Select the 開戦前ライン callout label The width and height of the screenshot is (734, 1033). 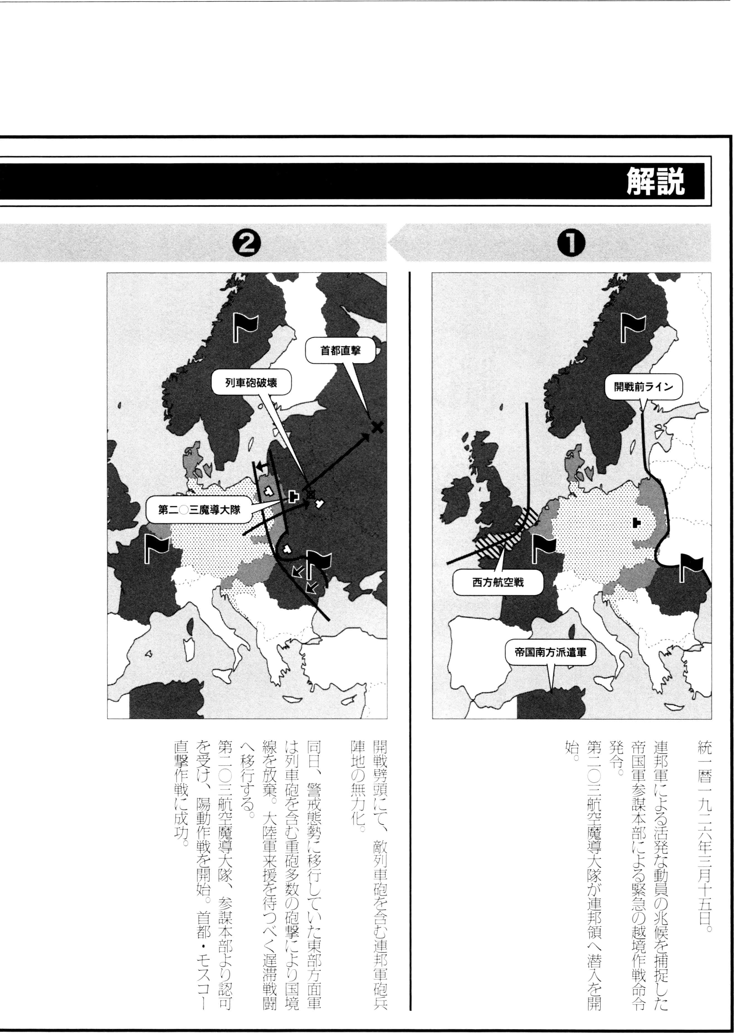pyautogui.click(x=643, y=387)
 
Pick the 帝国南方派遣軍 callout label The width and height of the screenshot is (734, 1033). pyautogui.click(x=550, y=652)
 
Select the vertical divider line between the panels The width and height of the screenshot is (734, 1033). pyautogui.click(x=410, y=632)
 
